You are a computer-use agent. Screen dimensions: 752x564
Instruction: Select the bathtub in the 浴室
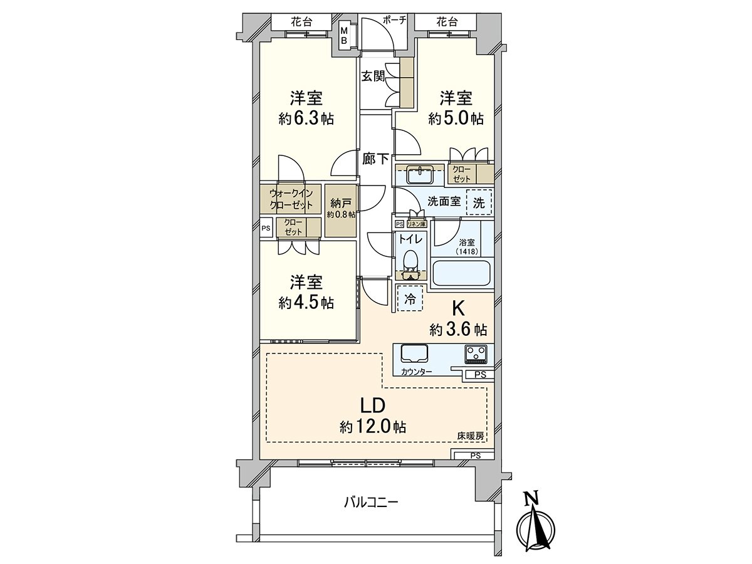click(x=461, y=274)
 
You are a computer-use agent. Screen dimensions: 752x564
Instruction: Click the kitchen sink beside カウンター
click(x=414, y=357)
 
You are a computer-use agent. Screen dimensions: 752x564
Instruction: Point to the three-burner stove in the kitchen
click(x=476, y=355)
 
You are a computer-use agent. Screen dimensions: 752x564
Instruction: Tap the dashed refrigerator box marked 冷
click(x=410, y=299)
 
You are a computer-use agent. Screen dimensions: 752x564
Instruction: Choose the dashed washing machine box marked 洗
click(x=479, y=202)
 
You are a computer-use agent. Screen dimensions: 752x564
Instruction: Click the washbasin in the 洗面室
click(x=420, y=175)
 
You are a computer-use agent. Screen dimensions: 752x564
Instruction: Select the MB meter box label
click(x=344, y=36)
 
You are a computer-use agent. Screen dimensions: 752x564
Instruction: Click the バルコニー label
click(x=371, y=503)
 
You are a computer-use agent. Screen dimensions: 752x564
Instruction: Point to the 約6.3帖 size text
click(x=306, y=118)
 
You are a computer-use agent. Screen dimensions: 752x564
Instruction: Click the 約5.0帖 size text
click(x=456, y=118)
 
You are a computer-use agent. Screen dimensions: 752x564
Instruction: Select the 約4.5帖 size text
click(x=306, y=302)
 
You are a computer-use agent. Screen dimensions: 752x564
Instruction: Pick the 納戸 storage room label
click(x=340, y=204)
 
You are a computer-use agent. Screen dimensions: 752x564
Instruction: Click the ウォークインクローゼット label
click(x=291, y=199)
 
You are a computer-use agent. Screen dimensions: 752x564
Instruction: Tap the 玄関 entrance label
click(x=373, y=76)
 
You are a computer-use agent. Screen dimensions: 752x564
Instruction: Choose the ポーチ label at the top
click(x=394, y=20)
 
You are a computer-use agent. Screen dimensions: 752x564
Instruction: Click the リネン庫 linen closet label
click(x=416, y=224)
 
